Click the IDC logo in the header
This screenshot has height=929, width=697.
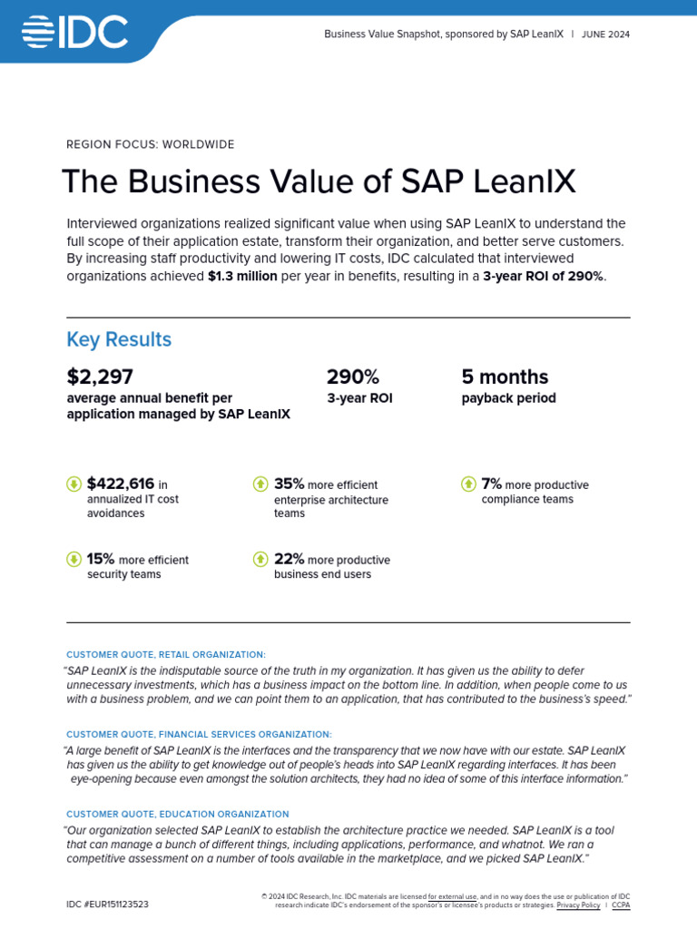point(74,33)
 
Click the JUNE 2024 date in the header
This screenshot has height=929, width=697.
point(606,34)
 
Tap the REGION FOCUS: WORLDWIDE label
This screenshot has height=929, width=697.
point(151,144)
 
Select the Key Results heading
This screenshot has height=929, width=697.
point(119,339)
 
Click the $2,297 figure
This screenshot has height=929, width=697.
point(100,376)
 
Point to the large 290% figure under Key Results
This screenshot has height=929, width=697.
point(353,376)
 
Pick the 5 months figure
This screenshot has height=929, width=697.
point(505,376)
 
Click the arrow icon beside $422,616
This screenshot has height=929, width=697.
point(74,484)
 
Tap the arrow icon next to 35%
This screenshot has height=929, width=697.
point(260,484)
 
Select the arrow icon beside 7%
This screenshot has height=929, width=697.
point(468,484)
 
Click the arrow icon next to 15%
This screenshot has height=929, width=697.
point(74,559)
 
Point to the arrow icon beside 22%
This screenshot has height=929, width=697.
point(260,559)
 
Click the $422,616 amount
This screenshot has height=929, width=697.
point(121,484)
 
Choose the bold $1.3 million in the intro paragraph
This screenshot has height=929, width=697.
point(242,276)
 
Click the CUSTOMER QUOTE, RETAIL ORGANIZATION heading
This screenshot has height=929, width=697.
point(166,654)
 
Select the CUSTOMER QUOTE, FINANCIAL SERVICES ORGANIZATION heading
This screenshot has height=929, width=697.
point(199,734)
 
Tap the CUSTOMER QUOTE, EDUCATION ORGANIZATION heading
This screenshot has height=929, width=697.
point(178,814)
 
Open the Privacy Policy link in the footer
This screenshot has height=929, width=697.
point(578,905)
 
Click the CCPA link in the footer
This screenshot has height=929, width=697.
point(621,905)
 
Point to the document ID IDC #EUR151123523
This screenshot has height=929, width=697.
point(107,905)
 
